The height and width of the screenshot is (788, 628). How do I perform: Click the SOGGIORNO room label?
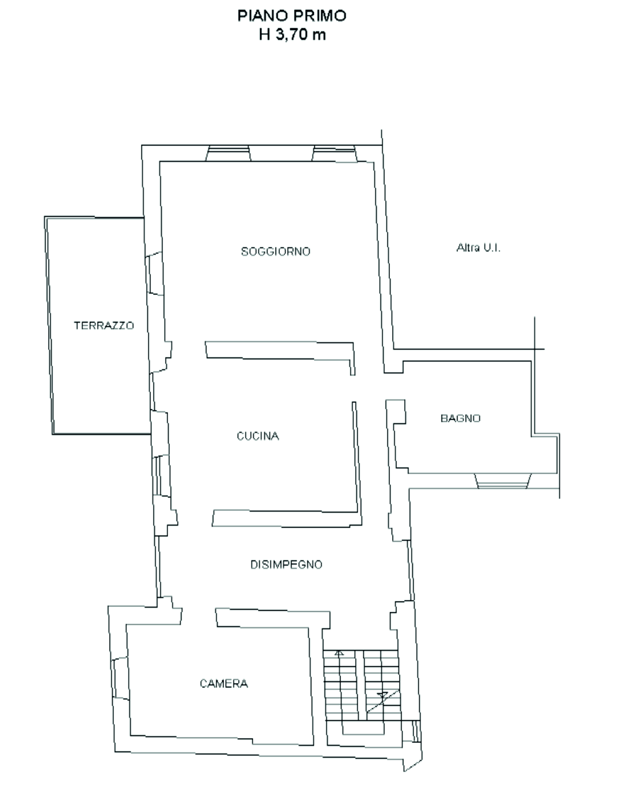[x=275, y=251]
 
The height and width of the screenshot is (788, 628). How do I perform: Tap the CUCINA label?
[x=258, y=436]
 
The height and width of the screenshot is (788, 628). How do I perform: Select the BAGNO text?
[x=460, y=418]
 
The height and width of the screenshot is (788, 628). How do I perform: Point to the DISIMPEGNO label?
[x=286, y=565]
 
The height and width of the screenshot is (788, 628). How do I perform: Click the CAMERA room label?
[x=223, y=684]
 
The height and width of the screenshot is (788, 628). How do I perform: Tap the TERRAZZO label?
[x=104, y=326]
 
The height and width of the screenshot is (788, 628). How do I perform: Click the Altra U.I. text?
[x=478, y=248]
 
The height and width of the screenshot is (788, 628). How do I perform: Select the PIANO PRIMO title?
[x=292, y=16]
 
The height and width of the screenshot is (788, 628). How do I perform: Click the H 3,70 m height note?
[x=292, y=35]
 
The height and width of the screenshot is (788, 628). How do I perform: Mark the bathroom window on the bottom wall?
[x=503, y=481]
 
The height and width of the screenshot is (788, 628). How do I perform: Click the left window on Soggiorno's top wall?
[x=228, y=153]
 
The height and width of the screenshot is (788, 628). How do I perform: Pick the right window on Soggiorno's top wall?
[x=334, y=153]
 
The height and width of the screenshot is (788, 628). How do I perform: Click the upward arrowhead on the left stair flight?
[x=339, y=653]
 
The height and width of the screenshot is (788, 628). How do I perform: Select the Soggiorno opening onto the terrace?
[x=154, y=273]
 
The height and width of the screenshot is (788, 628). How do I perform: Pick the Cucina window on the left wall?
[x=161, y=476]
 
